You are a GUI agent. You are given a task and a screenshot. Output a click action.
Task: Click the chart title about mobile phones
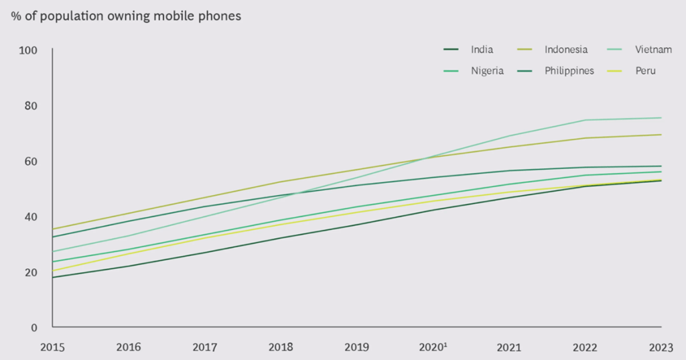[125, 16]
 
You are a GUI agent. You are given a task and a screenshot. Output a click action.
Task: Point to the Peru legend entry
[646, 70]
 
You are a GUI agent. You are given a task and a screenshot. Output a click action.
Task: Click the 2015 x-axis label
[52, 347]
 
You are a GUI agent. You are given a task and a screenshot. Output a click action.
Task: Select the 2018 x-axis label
[281, 347]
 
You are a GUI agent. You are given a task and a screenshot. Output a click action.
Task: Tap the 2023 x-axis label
[662, 347]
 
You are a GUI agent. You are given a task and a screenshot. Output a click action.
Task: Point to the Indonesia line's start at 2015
[53, 229]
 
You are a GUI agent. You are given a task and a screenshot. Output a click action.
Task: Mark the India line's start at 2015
[53, 278]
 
